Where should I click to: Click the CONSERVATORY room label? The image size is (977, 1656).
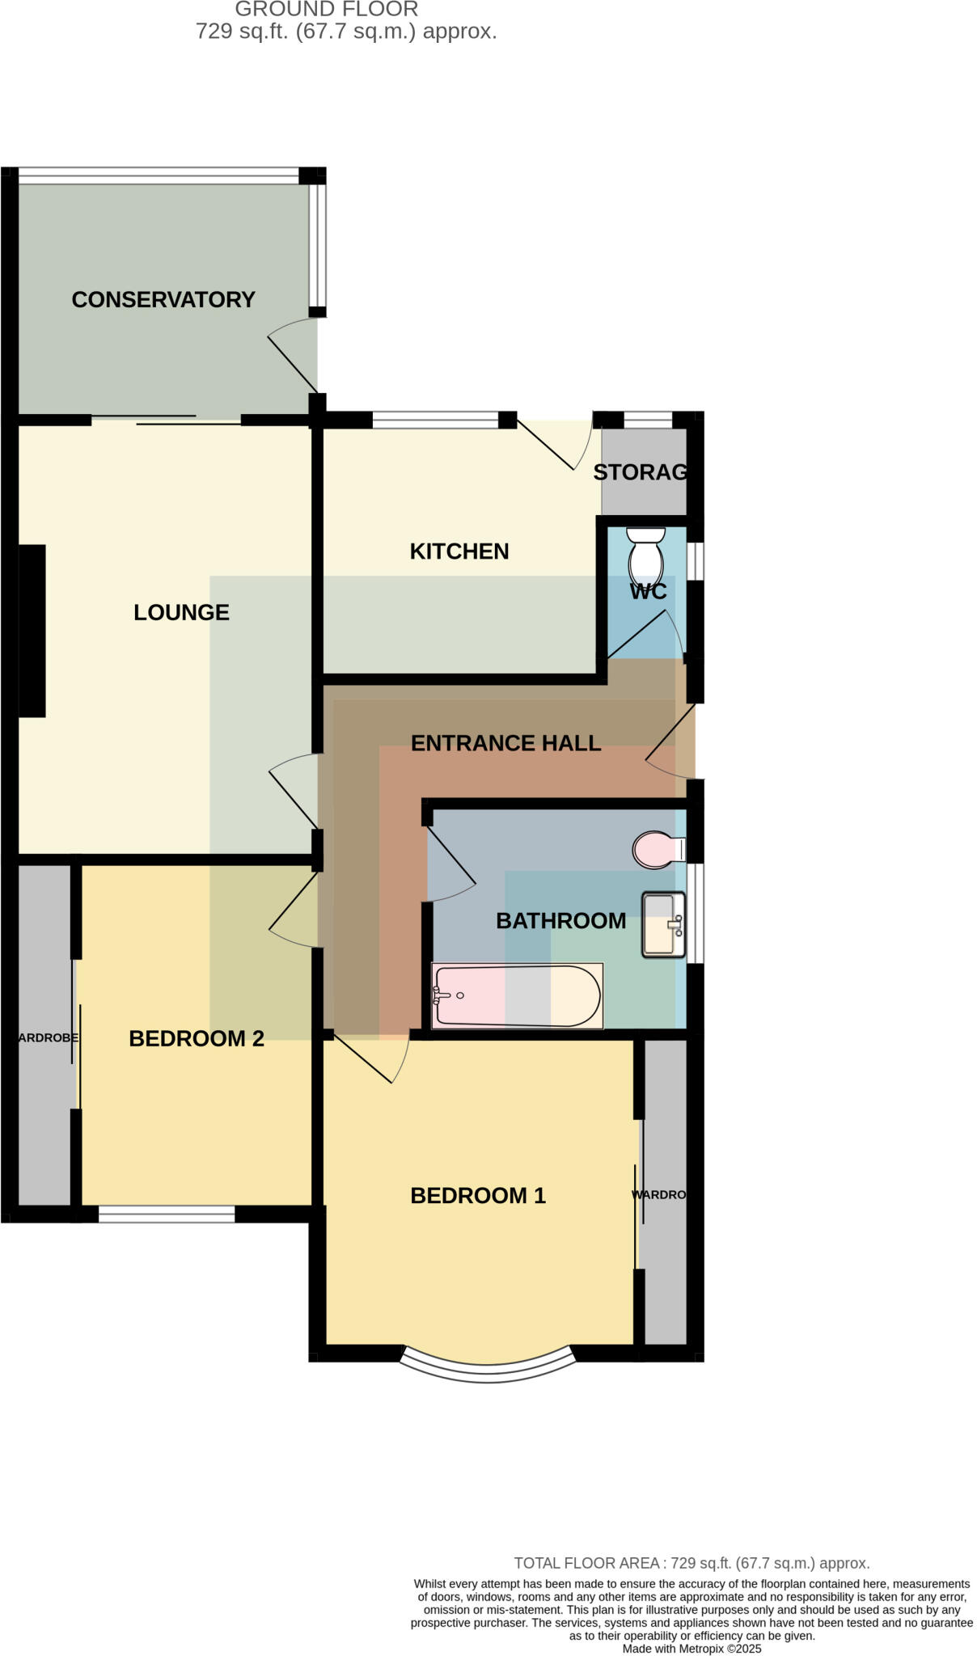(163, 300)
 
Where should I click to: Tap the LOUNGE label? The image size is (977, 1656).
(181, 613)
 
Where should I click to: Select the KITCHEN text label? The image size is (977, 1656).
(459, 551)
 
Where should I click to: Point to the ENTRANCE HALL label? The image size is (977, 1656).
(505, 743)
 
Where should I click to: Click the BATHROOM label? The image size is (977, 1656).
(560, 921)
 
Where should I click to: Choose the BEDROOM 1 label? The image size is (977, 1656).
(478, 1196)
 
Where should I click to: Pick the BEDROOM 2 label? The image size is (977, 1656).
(197, 1039)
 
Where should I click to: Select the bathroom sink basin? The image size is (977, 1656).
(662, 925)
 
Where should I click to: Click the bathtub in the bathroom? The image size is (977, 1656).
(518, 996)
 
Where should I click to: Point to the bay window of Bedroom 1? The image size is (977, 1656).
(488, 1366)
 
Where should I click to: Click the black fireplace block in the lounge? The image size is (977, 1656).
(32, 631)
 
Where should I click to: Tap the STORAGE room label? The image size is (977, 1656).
(641, 472)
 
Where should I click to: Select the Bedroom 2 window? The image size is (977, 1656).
(167, 1214)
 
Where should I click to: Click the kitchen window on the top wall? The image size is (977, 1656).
(435, 420)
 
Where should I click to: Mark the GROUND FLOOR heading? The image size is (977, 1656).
(327, 10)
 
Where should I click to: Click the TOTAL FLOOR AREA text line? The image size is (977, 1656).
(692, 1563)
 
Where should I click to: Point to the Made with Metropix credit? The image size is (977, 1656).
(692, 1648)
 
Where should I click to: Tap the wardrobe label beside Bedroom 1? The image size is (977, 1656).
(658, 1195)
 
